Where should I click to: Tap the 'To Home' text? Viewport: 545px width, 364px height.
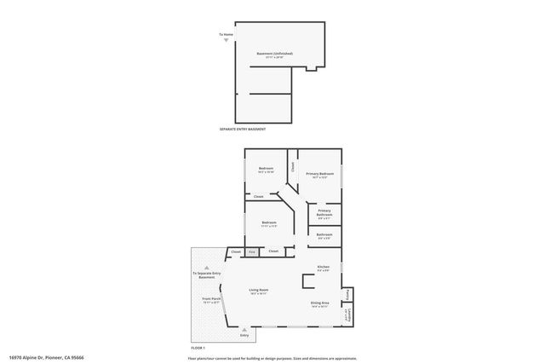pyautogui.click(x=226, y=34)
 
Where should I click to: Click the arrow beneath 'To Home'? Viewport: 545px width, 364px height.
pyautogui.click(x=226, y=40)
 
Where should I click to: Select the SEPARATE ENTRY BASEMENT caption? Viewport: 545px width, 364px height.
pyautogui.click(x=243, y=129)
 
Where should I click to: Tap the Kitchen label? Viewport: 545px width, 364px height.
pyautogui.click(x=324, y=267)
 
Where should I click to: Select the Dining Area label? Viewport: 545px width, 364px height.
pyautogui.click(x=320, y=303)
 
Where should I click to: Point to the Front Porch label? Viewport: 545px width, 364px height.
pyautogui.click(x=211, y=299)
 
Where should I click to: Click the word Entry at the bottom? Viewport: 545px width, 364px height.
pyautogui.click(x=244, y=335)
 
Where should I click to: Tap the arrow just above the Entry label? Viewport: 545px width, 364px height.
pyautogui.click(x=244, y=329)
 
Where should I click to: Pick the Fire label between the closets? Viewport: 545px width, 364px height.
pyautogui.click(x=252, y=251)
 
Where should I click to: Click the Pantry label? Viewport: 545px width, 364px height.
pyautogui.click(x=347, y=295)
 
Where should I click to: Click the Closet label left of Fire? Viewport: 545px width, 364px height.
pyautogui.click(x=236, y=251)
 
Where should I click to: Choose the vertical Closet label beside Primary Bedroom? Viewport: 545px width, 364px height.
pyautogui.click(x=292, y=167)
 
